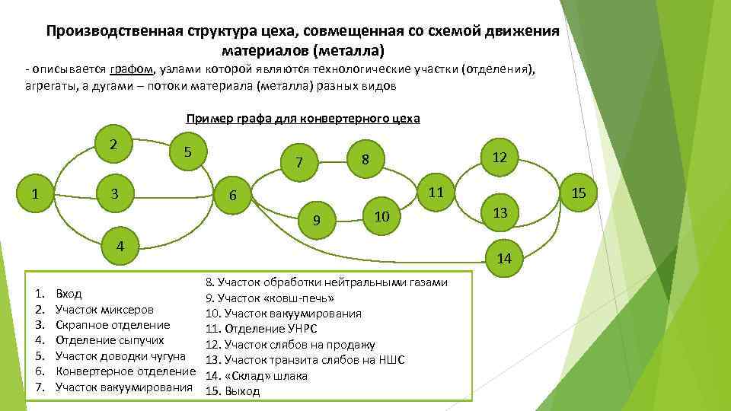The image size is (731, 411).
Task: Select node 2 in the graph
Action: point(113,144)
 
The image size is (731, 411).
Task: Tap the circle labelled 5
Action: point(187,151)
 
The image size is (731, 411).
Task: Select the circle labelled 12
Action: point(500,158)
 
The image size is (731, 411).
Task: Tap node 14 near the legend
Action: point(503,259)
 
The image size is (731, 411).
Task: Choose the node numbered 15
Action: point(579,193)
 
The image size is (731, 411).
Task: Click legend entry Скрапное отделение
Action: point(113,325)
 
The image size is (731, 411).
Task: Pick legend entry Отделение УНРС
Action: point(261,329)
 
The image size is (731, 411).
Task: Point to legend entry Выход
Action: point(241,391)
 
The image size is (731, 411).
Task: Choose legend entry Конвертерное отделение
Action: point(126,371)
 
